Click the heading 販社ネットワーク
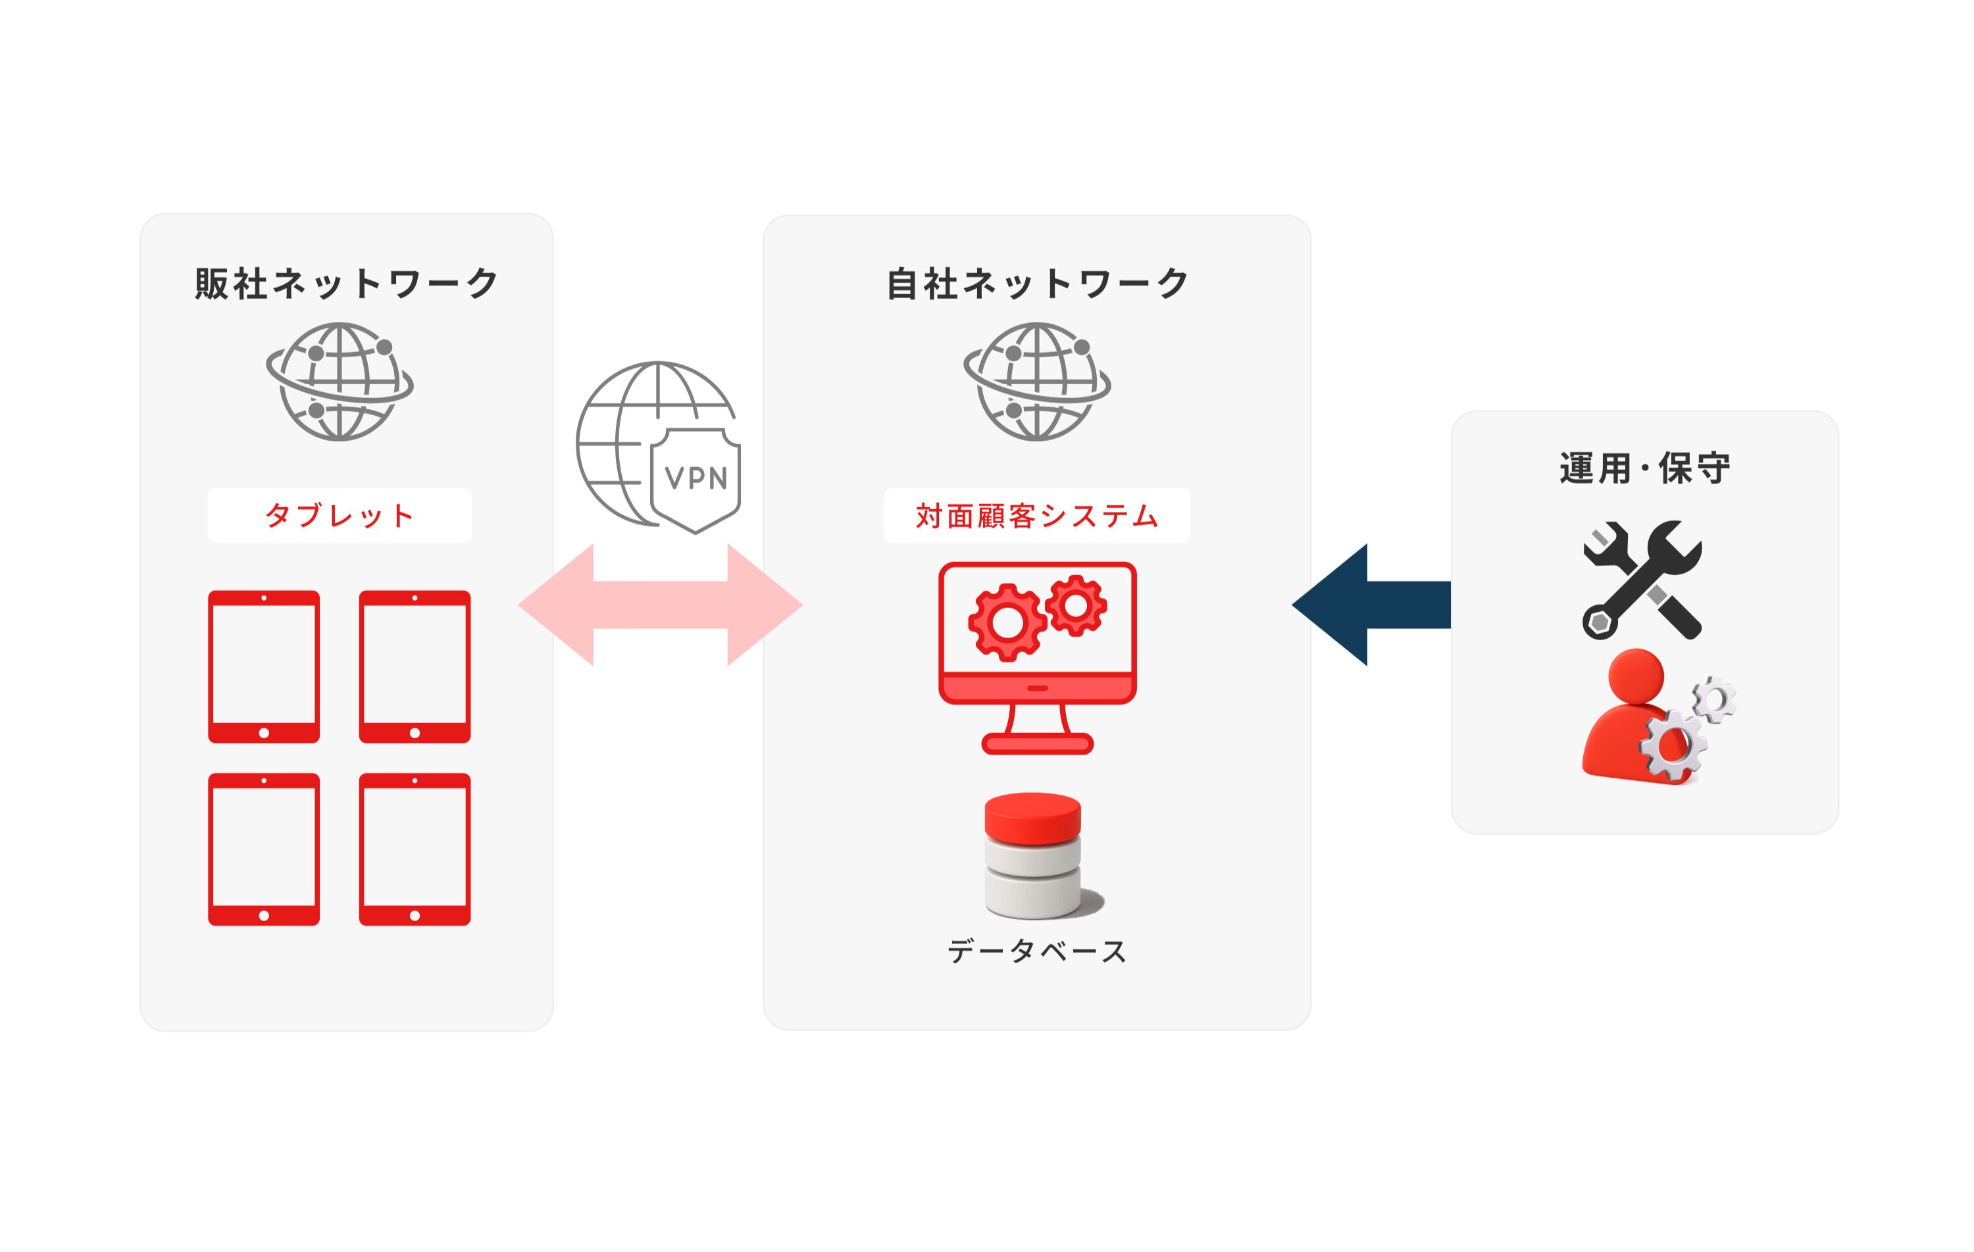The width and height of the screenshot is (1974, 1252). pos(346,284)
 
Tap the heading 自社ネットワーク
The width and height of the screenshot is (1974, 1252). pos(1037,284)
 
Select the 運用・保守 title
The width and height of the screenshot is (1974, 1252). pos(1644,468)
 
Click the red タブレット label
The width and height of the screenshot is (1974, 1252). pos(340,516)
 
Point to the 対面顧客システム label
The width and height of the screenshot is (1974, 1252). pos(1036,516)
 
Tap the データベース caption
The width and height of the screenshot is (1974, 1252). pos(1036,951)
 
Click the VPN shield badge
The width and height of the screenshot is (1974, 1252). pos(695,478)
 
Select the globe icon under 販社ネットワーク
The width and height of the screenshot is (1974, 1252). pos(340,382)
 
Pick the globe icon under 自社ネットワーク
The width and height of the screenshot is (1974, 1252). pos(1037,382)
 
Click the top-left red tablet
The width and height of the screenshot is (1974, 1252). pos(264,666)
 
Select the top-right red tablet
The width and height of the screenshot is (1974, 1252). pos(415,666)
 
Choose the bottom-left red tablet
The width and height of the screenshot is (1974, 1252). pos(264,849)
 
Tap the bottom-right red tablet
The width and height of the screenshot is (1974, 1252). pos(415,849)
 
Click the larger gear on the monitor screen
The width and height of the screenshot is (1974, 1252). pos(1007,622)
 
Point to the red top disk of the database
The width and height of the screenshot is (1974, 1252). pos(1032,815)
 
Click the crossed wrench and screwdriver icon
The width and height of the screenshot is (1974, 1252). pos(1642,580)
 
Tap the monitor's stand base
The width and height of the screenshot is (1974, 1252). pos(1037,743)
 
